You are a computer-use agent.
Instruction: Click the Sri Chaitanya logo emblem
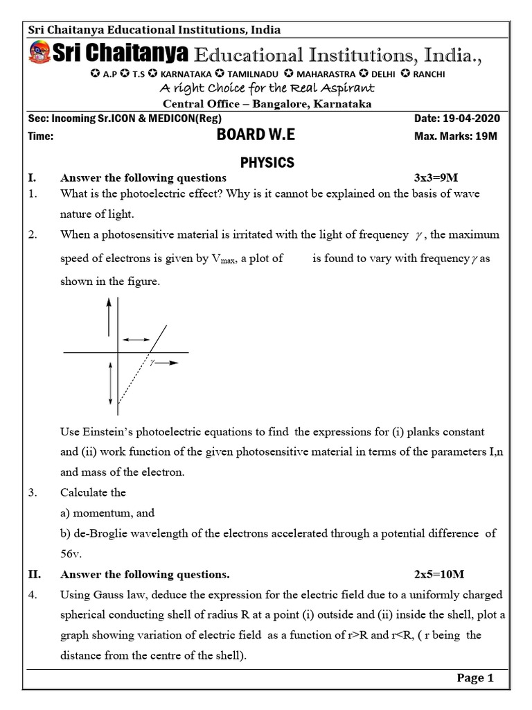[40, 52]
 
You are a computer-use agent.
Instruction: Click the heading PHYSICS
[267, 162]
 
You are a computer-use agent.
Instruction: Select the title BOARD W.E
[256, 136]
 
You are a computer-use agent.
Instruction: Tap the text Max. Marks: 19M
[456, 137]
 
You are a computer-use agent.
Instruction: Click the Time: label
[41, 137]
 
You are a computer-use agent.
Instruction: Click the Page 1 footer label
[475, 678]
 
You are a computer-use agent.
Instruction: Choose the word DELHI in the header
[381, 74]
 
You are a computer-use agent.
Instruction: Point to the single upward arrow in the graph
[108, 318]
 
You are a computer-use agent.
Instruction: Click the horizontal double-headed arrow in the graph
[136, 339]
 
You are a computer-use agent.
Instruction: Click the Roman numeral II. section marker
[35, 575]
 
